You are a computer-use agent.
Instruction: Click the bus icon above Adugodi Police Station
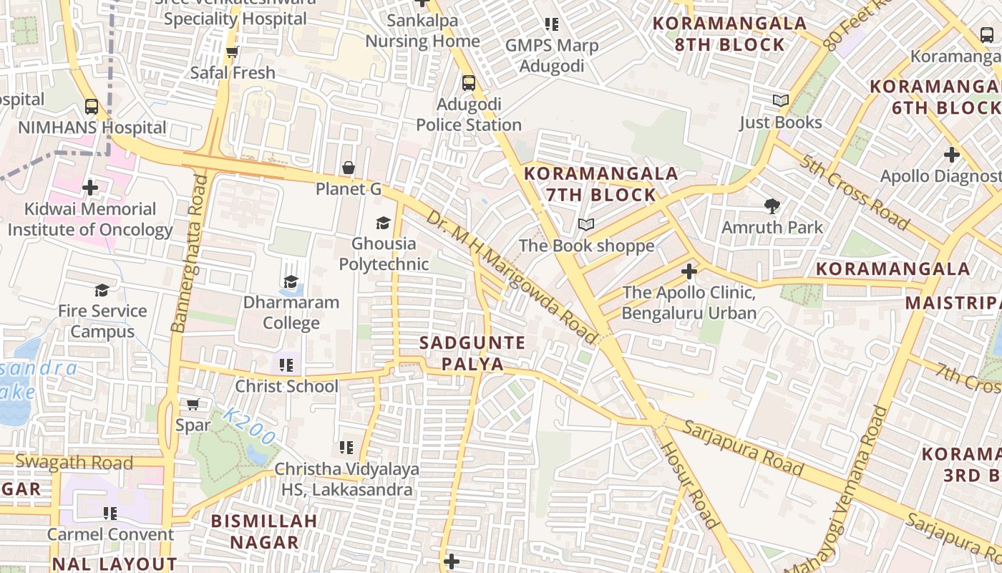point(469,83)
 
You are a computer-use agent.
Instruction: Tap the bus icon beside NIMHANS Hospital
point(92,107)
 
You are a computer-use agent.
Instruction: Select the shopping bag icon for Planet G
point(349,168)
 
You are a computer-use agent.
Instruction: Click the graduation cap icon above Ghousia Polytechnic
point(384,223)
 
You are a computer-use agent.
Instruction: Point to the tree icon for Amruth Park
point(772,206)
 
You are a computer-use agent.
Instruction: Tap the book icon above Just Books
point(781,101)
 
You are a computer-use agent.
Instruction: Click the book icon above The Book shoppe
point(586,225)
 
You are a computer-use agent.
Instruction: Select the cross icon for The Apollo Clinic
point(689,271)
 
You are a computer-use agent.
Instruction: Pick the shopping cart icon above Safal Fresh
point(232,52)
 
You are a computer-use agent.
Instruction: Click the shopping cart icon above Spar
point(193,404)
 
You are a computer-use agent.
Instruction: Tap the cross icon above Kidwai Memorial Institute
point(90,188)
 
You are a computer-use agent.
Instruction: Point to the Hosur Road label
point(688,485)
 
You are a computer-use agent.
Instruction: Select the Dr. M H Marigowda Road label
point(511,275)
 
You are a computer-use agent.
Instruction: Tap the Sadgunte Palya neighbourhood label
point(472,353)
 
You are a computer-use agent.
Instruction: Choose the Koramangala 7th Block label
point(601,184)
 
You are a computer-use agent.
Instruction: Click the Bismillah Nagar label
point(264,531)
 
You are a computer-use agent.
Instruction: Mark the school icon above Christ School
point(286,365)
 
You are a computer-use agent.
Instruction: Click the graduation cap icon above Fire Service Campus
point(102,290)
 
